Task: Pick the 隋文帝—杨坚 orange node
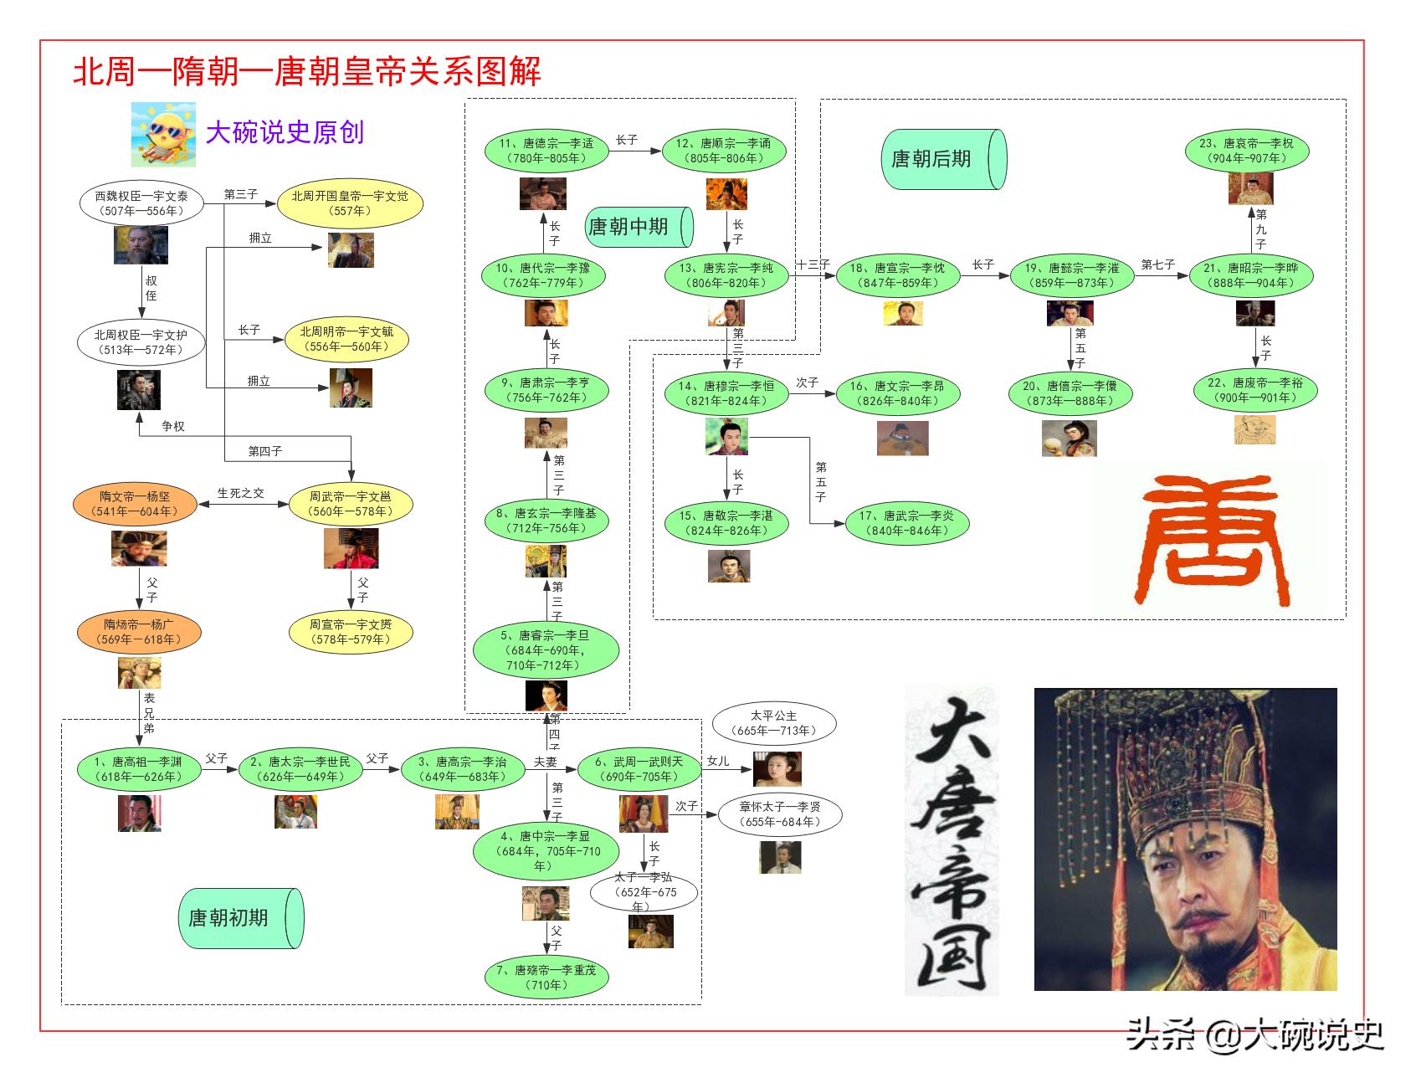click(135, 504)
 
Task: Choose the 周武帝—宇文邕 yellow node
click(351, 504)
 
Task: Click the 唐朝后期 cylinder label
click(942, 159)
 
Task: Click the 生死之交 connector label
click(241, 493)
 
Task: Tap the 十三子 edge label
click(812, 264)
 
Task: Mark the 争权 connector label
click(173, 426)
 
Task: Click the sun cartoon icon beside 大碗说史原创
click(163, 134)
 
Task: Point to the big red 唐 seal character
click(1208, 537)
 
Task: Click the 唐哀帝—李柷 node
click(1246, 151)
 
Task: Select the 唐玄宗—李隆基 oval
click(546, 521)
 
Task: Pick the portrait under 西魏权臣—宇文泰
click(141, 245)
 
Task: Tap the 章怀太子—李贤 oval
click(780, 814)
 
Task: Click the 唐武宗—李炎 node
click(906, 523)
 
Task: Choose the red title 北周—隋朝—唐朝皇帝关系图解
click(307, 71)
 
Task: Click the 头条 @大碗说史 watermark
click(1254, 1034)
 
